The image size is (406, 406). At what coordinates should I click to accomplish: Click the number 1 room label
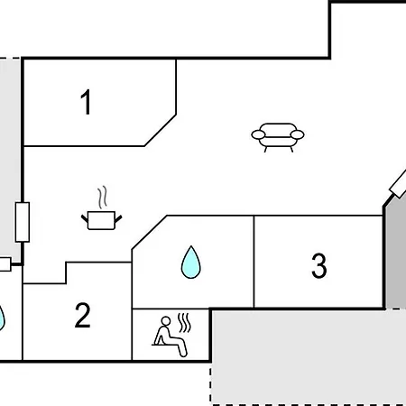point(87,102)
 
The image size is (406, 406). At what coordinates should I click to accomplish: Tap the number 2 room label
point(83,315)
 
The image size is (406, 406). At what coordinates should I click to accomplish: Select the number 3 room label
point(319,265)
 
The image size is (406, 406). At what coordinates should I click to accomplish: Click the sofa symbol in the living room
point(278,137)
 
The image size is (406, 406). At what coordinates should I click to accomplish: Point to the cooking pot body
point(101,220)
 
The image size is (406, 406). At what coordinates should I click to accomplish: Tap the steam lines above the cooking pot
point(103,197)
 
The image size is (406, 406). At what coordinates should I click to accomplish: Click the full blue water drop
point(191,263)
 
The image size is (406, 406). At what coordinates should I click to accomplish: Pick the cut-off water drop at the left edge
point(2,318)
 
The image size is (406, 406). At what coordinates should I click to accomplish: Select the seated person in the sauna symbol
point(169,337)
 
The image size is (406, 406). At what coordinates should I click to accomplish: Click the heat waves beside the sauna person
point(184,323)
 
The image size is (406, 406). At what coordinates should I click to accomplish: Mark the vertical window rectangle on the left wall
point(23,222)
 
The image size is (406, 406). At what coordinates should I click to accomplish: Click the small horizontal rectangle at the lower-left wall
point(5,264)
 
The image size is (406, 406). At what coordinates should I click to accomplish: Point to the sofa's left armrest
point(258,134)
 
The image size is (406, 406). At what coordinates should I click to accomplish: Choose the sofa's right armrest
point(297,134)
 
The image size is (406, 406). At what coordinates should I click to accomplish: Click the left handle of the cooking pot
point(85,218)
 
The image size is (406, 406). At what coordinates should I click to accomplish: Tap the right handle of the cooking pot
point(118,219)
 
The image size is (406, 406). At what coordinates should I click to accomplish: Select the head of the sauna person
point(166,321)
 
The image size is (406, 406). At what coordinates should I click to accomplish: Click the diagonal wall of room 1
point(161,130)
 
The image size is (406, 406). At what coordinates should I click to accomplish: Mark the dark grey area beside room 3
point(396,255)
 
